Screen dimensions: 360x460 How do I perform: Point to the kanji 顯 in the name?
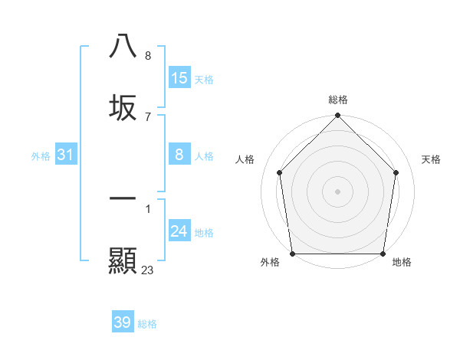click(x=123, y=260)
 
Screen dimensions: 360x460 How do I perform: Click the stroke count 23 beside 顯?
click(x=148, y=270)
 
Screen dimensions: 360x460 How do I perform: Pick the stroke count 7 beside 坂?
click(x=147, y=116)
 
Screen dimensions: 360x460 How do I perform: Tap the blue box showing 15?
click(x=179, y=78)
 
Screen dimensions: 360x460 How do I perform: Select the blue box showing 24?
click(x=179, y=231)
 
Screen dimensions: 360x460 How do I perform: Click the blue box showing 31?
click(x=66, y=155)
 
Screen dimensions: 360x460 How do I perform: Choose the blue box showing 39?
click(x=123, y=322)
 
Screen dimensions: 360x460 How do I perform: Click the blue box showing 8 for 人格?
click(x=179, y=155)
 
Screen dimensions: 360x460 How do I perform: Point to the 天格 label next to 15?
click(x=203, y=79)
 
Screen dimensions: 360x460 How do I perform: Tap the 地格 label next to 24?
click(x=203, y=232)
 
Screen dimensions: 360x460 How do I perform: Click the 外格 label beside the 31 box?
click(x=41, y=155)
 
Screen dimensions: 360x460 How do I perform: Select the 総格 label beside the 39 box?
click(x=147, y=323)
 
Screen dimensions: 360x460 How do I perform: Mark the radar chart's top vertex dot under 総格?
click(x=337, y=116)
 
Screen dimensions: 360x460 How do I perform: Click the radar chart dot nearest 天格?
click(x=396, y=172)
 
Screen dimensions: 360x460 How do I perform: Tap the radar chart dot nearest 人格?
click(x=279, y=172)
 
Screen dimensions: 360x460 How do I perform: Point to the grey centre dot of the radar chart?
click(x=337, y=191)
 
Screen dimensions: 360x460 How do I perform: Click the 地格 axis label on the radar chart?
click(x=402, y=263)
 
